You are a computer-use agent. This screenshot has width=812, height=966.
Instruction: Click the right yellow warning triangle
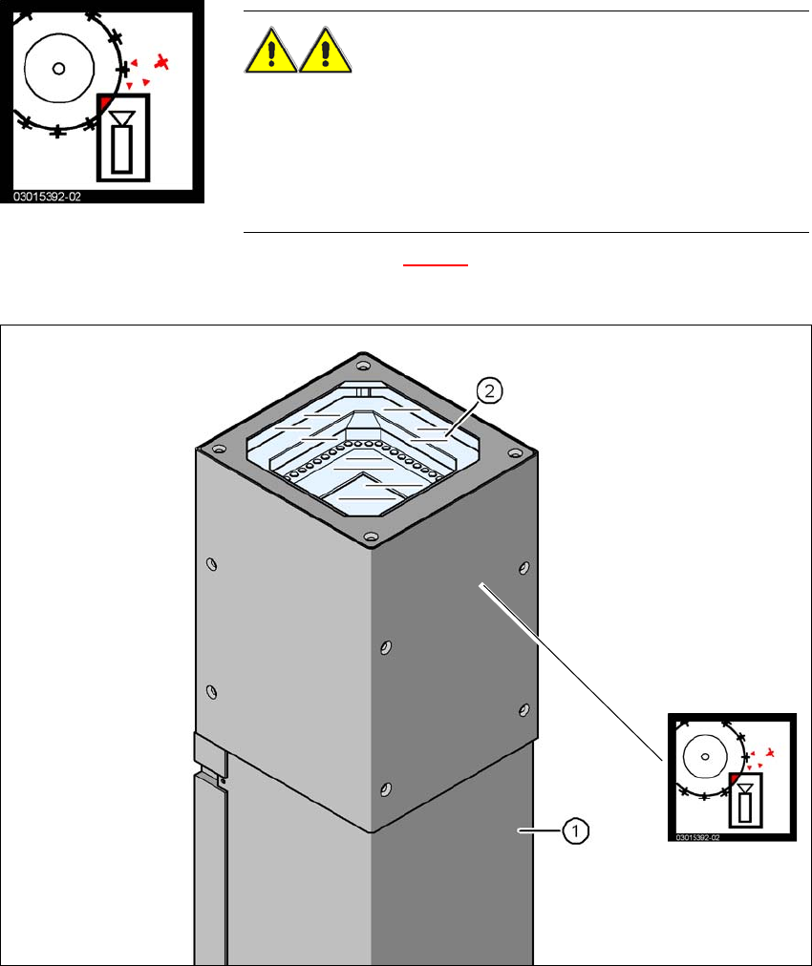(326, 52)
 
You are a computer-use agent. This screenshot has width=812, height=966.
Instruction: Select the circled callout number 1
(575, 832)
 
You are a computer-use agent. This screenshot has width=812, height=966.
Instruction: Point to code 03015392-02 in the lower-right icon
(696, 837)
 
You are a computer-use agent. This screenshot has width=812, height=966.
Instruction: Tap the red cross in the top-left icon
(164, 63)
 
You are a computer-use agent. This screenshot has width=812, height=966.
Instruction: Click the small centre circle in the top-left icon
(58, 68)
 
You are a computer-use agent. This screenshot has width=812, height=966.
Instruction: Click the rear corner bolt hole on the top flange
(362, 365)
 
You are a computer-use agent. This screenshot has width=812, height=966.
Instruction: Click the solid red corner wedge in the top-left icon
(105, 100)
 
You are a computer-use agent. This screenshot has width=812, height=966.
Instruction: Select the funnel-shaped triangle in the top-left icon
(121, 117)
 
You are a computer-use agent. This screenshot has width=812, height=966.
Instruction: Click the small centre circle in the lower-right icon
(705, 756)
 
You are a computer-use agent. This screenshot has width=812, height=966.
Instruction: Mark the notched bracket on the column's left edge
(209, 753)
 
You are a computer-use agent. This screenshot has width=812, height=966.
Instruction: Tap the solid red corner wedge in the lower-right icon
(734, 779)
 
